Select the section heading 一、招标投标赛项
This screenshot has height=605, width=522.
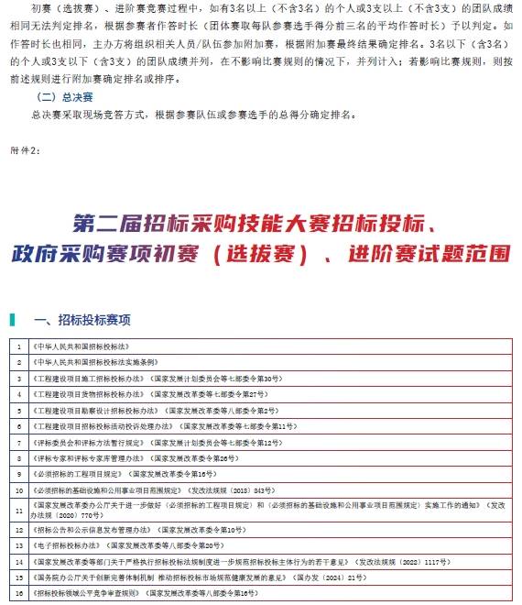(x=82, y=320)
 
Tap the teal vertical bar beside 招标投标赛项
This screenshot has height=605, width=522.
(x=12, y=320)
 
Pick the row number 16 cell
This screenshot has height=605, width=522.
(x=18, y=594)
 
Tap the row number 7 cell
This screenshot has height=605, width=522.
(x=18, y=442)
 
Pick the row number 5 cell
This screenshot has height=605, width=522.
(x=18, y=410)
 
